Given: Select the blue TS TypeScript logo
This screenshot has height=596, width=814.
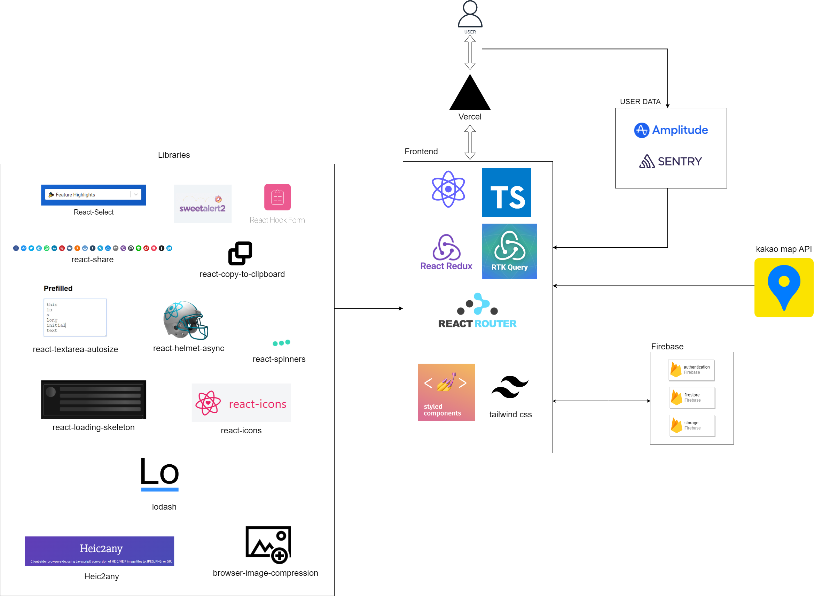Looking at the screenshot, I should click(506, 192).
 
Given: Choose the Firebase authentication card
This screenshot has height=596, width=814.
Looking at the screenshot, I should click(691, 370).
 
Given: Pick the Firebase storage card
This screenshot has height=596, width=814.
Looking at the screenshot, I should click(692, 426).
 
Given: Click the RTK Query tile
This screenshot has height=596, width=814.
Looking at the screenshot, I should click(509, 251).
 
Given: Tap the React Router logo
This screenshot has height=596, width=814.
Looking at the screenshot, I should click(477, 311).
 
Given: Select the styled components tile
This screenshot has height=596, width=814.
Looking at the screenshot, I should click(446, 392).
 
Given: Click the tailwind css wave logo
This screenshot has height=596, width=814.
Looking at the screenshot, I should click(510, 387).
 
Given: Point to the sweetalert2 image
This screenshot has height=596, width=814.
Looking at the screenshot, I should click(203, 204).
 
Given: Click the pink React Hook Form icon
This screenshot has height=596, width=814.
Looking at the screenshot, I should click(277, 197).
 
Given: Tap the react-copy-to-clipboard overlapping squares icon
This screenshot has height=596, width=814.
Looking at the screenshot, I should click(240, 253).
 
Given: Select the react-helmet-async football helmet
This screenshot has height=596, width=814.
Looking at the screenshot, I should click(186, 320).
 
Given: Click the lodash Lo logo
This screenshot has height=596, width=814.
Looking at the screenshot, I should click(160, 474).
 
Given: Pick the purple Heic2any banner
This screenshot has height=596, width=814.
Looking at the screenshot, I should click(100, 551).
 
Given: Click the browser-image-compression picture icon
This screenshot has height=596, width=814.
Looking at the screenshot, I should click(268, 544).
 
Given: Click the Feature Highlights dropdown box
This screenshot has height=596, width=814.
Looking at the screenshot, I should click(93, 194).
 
